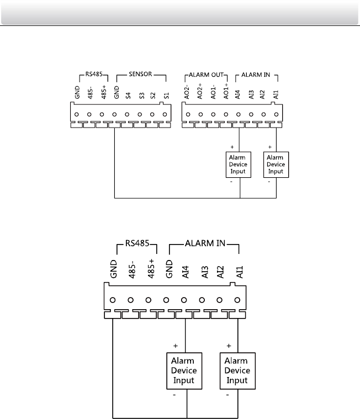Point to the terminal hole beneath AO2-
click(x=188, y=115)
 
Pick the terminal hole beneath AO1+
click(x=226, y=115)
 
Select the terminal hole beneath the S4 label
click(x=128, y=115)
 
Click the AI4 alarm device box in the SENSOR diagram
click(x=239, y=165)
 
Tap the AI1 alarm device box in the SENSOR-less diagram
click(x=237, y=370)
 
